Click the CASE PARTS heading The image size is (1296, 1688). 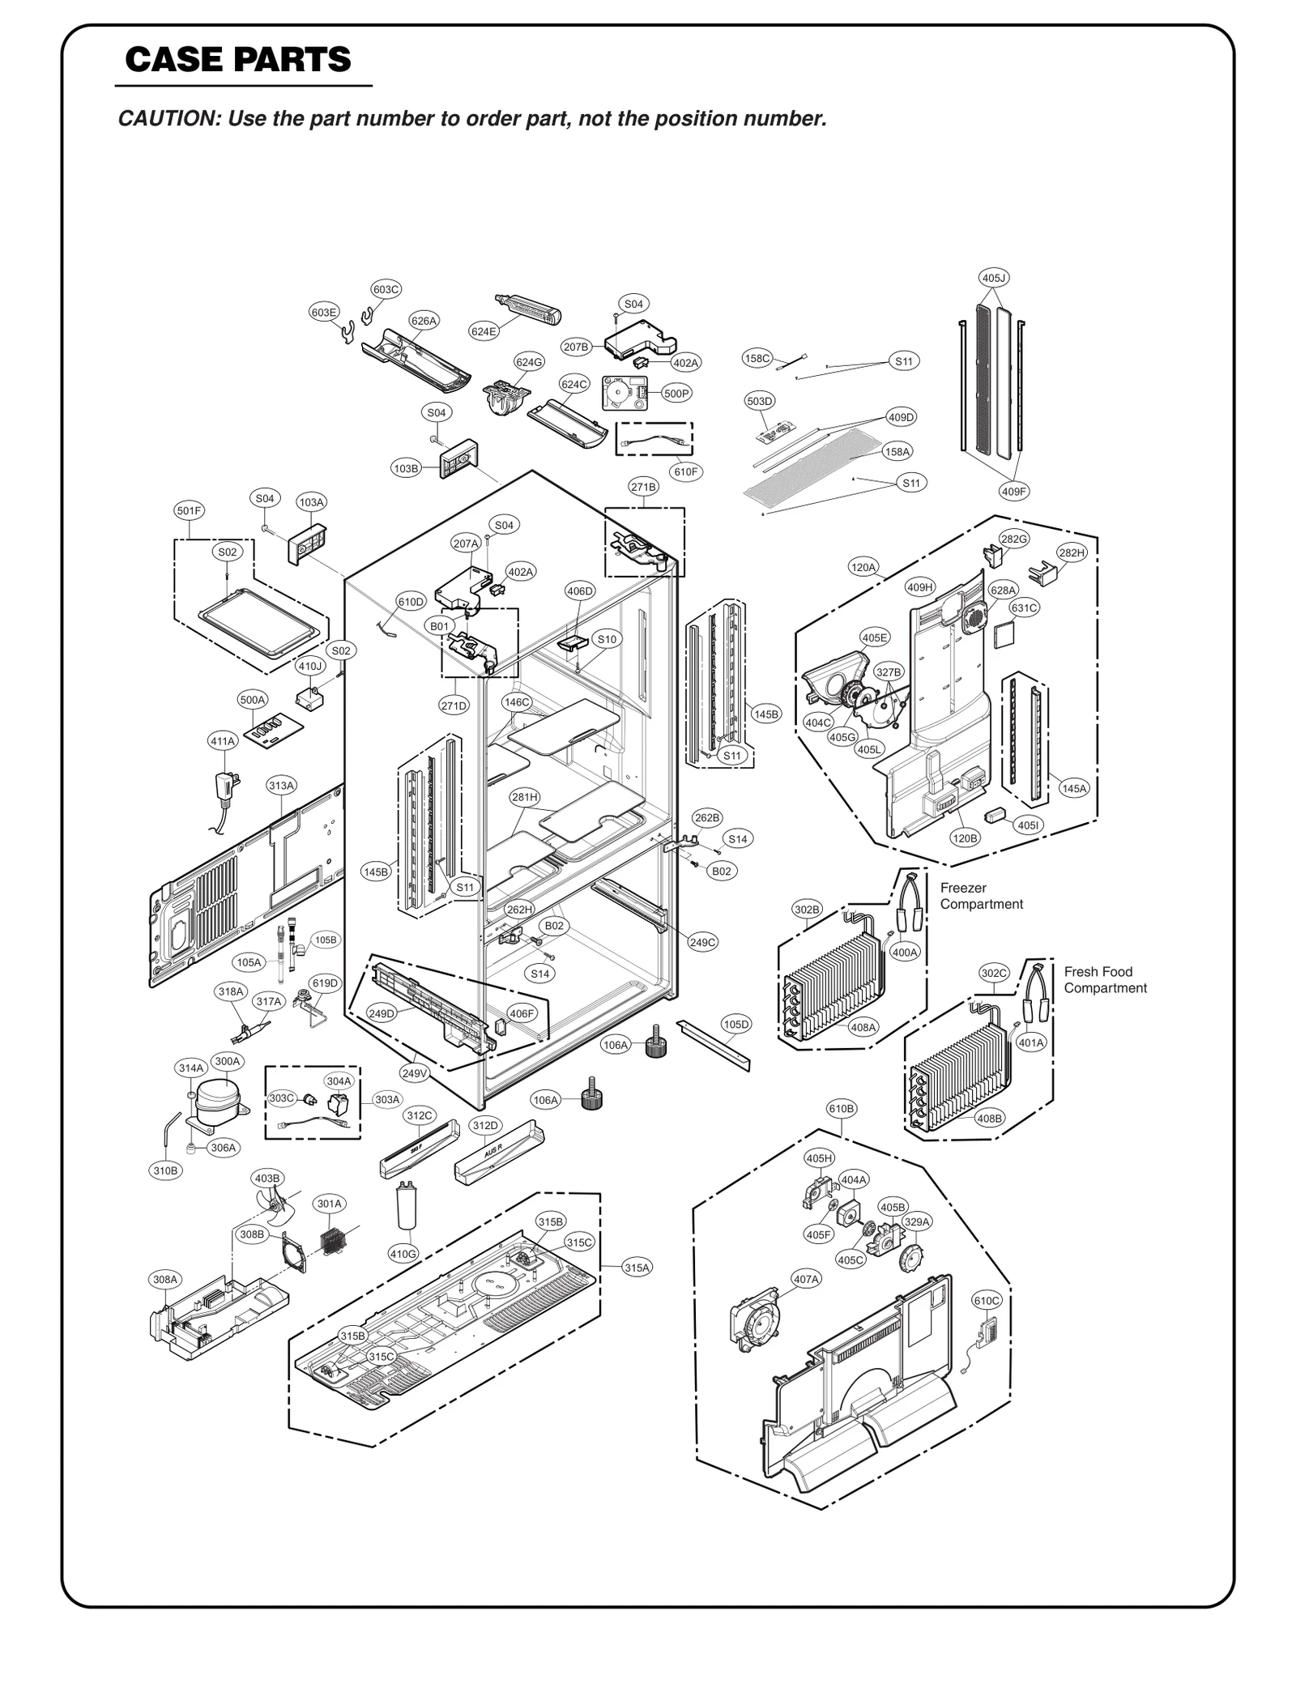click(x=238, y=59)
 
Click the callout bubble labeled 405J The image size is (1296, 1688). click(x=994, y=279)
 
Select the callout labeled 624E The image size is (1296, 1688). click(x=484, y=330)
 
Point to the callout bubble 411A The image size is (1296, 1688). click(x=223, y=740)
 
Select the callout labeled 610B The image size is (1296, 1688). click(x=841, y=1108)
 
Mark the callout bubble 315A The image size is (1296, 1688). click(x=637, y=1268)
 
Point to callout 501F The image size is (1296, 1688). click(x=189, y=510)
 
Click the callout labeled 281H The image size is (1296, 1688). click(x=524, y=797)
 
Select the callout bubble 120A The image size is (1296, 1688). click(x=863, y=567)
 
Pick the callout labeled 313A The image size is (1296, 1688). click(x=281, y=786)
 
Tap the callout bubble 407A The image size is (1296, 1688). click(x=806, y=1279)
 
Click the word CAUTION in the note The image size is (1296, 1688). click(x=166, y=119)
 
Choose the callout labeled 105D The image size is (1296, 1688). click(x=735, y=1025)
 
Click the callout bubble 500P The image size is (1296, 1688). click(x=676, y=394)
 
